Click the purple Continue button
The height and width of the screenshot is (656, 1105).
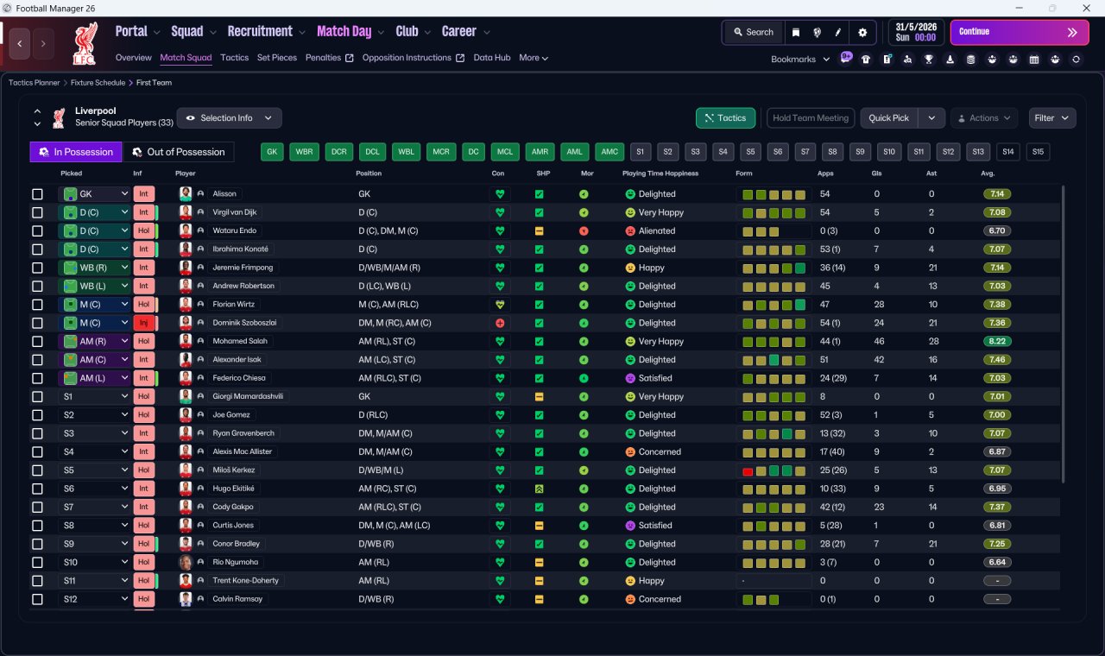click(1020, 32)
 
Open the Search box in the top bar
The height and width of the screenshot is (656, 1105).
click(754, 32)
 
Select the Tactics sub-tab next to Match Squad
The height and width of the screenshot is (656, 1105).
click(234, 58)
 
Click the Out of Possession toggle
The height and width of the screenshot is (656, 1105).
click(179, 152)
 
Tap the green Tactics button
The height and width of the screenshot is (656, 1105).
click(725, 118)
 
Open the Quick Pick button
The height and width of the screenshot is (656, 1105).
click(888, 118)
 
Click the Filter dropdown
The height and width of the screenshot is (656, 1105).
click(1051, 118)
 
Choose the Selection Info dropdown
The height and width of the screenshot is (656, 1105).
click(230, 118)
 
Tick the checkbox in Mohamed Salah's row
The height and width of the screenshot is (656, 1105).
click(37, 341)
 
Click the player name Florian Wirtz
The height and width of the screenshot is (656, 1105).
click(233, 305)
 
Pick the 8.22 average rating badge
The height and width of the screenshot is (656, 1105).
click(997, 341)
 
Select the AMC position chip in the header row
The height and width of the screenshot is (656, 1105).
click(609, 152)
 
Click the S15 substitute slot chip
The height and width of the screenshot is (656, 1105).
click(1038, 152)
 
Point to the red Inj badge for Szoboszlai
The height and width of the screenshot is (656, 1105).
click(143, 323)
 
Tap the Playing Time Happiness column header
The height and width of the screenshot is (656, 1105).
click(660, 173)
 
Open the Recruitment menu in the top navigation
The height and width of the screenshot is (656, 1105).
click(260, 32)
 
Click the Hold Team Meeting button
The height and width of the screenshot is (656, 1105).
click(810, 118)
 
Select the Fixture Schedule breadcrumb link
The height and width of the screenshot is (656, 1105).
click(98, 83)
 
